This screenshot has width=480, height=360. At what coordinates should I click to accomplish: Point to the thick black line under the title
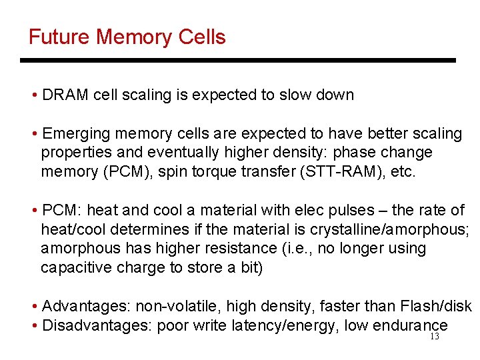click(x=238, y=61)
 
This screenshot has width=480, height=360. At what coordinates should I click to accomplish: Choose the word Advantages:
click(x=87, y=307)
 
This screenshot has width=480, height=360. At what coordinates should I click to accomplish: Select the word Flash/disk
click(x=434, y=307)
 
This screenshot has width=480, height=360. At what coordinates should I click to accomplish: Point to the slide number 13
click(x=435, y=337)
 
